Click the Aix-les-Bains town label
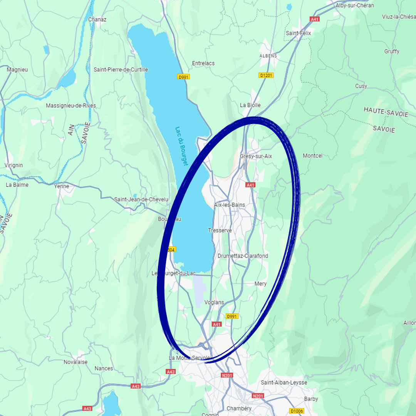(x=230, y=205)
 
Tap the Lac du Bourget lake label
(x=181, y=146)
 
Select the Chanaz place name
(x=97, y=19)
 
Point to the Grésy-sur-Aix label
(x=256, y=156)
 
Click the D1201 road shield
(x=266, y=75)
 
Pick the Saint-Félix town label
(x=298, y=33)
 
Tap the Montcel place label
(x=312, y=156)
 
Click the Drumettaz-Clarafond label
(x=243, y=256)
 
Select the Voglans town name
(x=214, y=302)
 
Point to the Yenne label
(x=62, y=186)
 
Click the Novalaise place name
(x=75, y=362)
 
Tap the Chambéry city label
(x=239, y=408)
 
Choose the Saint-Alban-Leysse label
(x=284, y=382)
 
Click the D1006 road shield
(x=296, y=411)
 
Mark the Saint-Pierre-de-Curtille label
(x=121, y=70)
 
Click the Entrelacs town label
(x=203, y=63)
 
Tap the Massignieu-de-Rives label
(x=71, y=106)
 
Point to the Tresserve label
(x=220, y=230)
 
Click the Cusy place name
(x=361, y=86)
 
